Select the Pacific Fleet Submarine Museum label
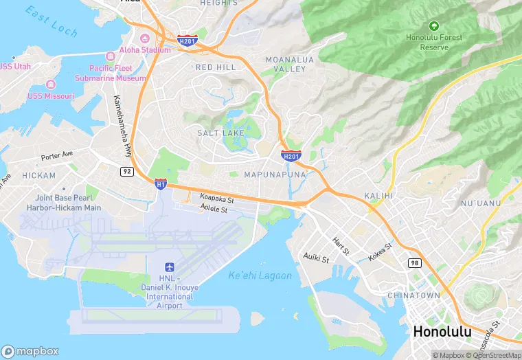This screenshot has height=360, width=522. point(117,74)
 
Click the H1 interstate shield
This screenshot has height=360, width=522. point(161,183)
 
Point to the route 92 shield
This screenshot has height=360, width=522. point(126,171)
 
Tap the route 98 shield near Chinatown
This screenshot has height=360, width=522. point(413,263)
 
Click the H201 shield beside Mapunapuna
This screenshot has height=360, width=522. point(291,157)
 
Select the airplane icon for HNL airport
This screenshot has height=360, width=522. point(170,267)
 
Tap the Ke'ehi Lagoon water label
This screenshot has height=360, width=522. point(260,276)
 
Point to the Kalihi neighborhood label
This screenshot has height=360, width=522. point(378,196)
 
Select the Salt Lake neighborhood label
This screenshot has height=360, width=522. point(220,132)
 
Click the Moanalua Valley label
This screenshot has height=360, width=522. point(289,65)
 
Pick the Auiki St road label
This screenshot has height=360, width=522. point(317,258)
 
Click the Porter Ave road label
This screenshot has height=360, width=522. point(56,156)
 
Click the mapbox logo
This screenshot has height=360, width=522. point(31,350)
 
